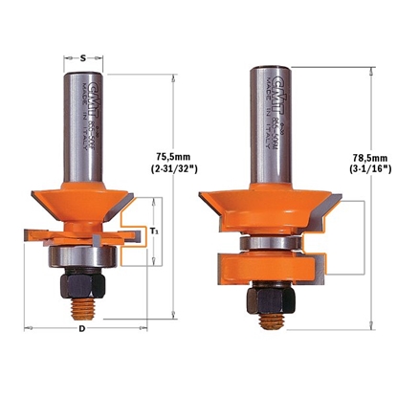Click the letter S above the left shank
pos(84,58)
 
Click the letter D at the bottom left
pos(82,329)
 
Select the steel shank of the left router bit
pos(84,124)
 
